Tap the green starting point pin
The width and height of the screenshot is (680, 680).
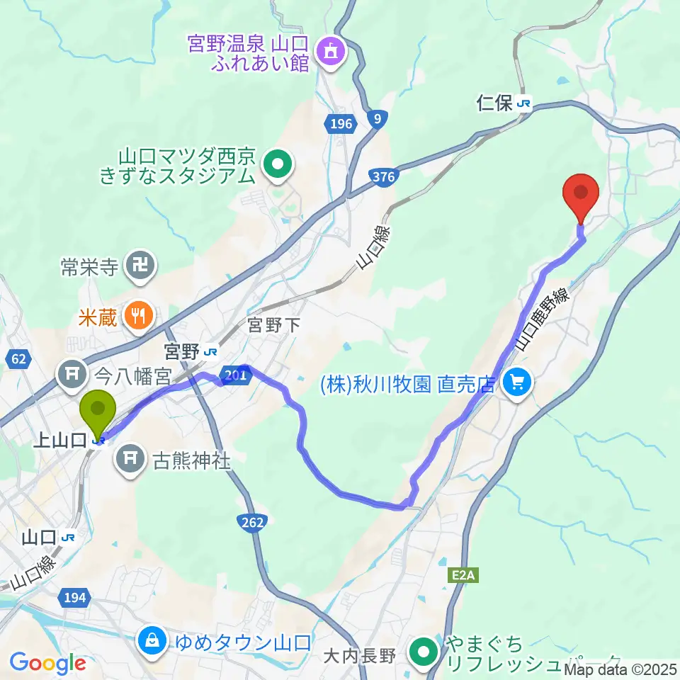pos(98,408)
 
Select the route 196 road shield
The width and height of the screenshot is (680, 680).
pos(340,125)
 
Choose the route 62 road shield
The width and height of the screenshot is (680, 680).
pos(18,359)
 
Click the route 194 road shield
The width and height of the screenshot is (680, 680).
pos(74,597)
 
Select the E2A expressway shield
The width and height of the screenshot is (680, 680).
pos(463,576)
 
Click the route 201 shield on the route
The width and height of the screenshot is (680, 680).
pos(234,377)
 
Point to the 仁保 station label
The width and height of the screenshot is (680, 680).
pos(494,104)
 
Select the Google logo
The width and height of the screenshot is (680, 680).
pos(48,664)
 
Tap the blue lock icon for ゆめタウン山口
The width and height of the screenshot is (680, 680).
pos(152,642)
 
